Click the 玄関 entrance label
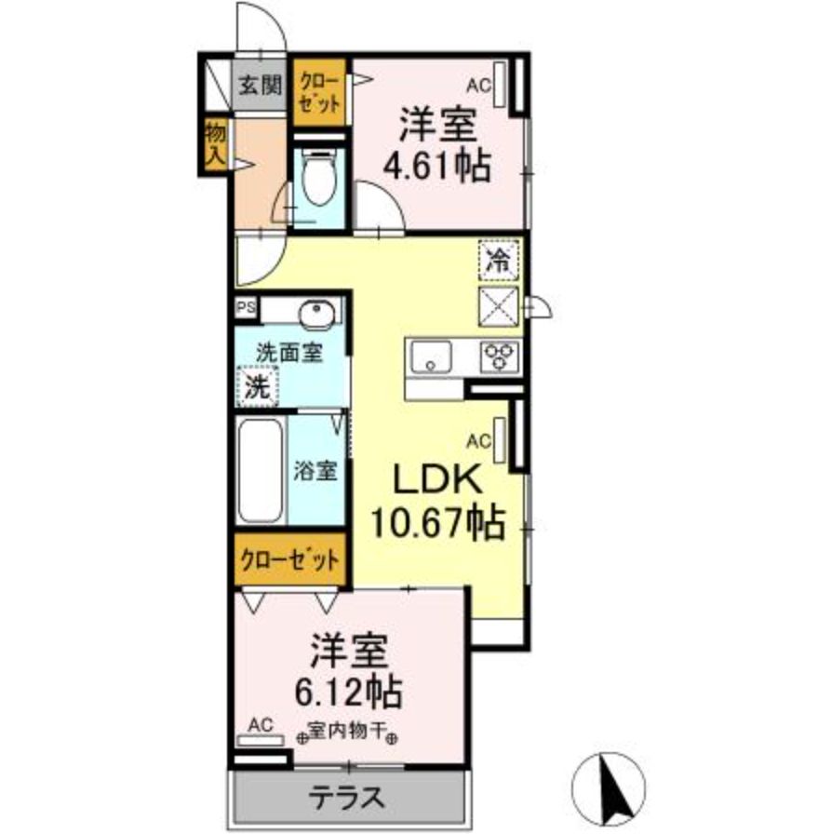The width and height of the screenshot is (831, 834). click(259, 86)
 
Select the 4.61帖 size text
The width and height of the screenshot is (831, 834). click(437, 166)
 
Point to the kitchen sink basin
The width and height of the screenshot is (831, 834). click(429, 356)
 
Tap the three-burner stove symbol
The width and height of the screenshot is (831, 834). click(500, 356)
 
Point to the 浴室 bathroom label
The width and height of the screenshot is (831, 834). click(315, 471)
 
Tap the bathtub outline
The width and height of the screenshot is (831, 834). click(261, 471)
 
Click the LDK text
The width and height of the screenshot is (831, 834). click(436, 481)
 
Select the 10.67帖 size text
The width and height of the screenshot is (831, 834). click(437, 523)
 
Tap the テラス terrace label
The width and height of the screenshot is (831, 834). click(346, 797)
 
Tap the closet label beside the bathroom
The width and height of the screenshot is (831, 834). click(288, 560)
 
